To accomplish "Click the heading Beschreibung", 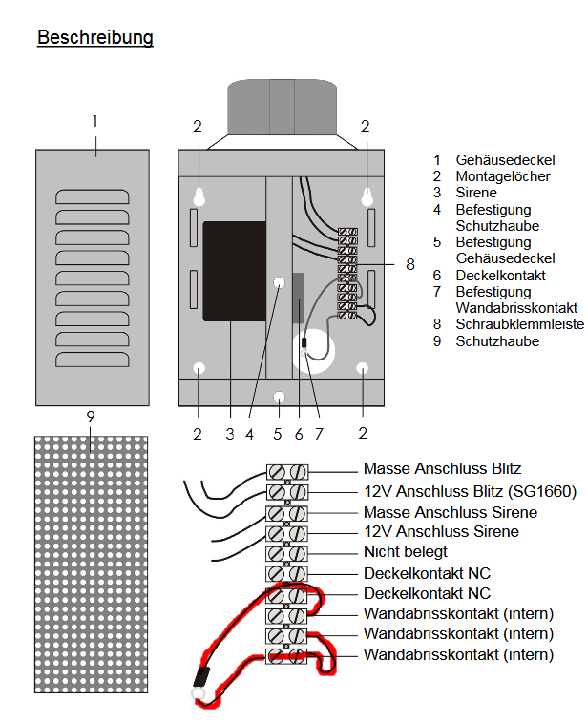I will point(95,38).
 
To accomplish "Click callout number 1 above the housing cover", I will point(95,121).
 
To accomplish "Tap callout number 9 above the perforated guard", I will point(90,417).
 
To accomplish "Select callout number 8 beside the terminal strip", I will point(410,263).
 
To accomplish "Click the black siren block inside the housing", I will point(234,272).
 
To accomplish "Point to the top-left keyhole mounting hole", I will point(199,196).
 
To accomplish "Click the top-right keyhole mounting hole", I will point(367,196).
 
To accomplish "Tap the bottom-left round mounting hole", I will point(199,368).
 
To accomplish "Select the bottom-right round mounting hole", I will point(363,368).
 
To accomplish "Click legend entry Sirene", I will point(476,193).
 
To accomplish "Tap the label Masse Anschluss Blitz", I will point(442,469).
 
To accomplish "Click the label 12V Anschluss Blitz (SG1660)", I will point(470,492).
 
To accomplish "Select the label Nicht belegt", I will point(405,552).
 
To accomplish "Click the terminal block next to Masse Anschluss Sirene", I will point(287,512).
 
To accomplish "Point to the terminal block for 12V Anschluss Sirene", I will point(287,532).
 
